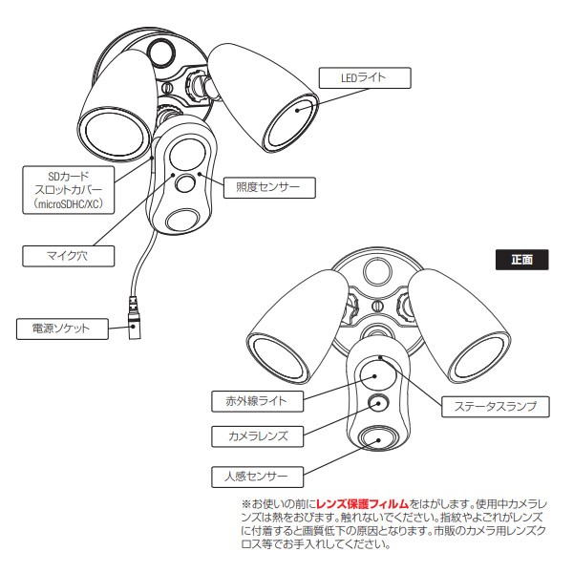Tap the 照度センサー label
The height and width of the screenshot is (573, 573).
261,187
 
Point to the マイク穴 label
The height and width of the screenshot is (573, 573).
66,255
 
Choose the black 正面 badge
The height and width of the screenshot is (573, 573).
521,259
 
